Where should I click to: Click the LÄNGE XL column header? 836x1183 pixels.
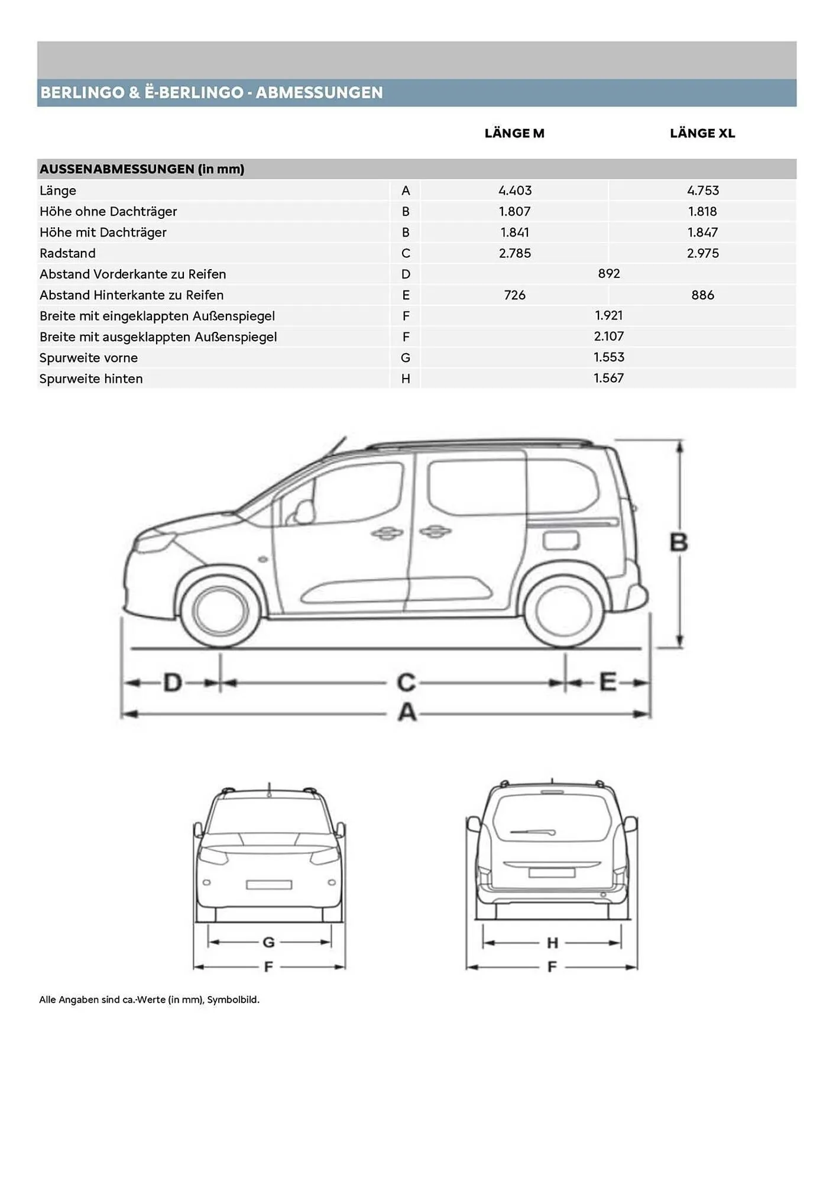[x=702, y=133]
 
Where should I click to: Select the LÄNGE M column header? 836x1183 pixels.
[x=514, y=133]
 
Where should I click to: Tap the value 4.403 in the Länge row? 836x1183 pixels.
[x=514, y=190]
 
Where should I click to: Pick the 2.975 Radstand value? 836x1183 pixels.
[x=702, y=253]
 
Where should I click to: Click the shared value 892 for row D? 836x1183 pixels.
[x=608, y=273]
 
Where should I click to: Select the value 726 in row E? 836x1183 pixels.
[x=514, y=295]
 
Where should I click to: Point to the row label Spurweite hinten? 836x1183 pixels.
[x=91, y=379]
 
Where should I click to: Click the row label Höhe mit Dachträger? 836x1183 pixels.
[x=103, y=232]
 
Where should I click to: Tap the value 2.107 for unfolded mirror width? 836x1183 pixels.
[x=608, y=336]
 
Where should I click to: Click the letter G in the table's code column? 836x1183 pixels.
[x=406, y=358]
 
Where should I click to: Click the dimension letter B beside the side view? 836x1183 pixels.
[x=678, y=542]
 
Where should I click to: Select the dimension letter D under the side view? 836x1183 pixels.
[x=172, y=683]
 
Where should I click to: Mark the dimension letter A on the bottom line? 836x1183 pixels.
[x=407, y=713]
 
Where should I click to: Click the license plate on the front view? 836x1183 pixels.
[x=269, y=884]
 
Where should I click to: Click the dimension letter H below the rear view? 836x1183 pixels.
[x=552, y=942]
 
